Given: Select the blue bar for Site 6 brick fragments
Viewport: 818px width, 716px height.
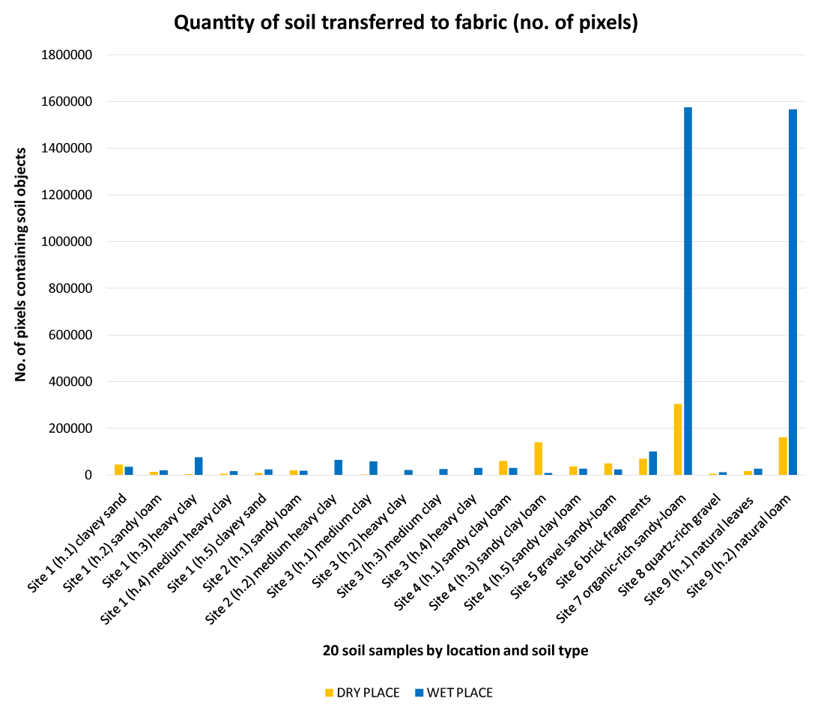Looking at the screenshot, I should click(652, 463).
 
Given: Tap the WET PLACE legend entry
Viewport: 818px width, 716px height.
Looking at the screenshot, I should click(454, 693).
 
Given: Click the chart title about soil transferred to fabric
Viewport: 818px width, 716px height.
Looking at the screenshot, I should click(406, 23).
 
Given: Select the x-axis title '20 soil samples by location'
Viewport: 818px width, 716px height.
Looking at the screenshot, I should click(455, 651).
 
